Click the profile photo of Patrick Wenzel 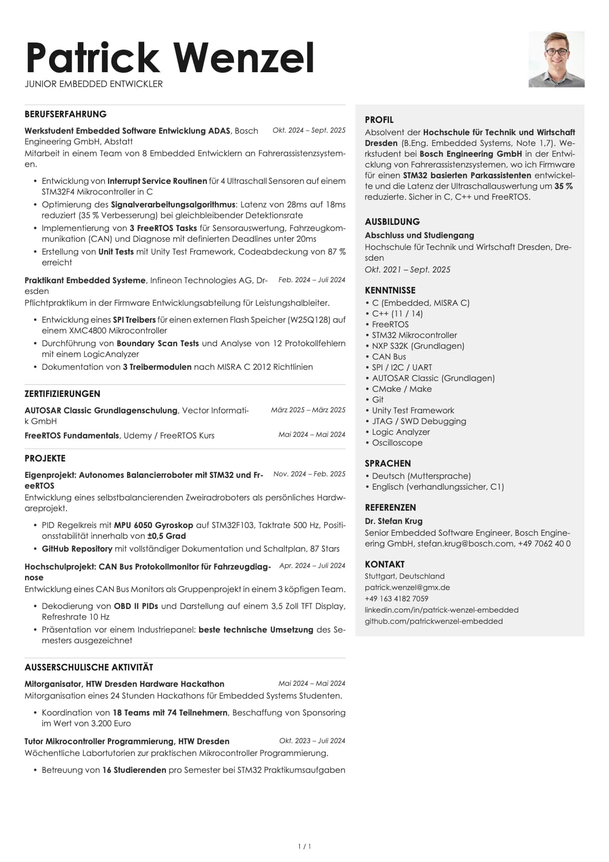coord(556,59)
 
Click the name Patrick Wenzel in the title coord(170,57)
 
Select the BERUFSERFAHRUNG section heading coord(66,114)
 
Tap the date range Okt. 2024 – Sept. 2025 coord(309,131)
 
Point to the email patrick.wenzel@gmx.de coord(407,587)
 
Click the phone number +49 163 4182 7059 coord(396,599)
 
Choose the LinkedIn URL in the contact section coord(441,610)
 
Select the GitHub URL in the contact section coord(433,621)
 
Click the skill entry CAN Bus coord(388,356)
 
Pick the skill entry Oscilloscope coord(397,443)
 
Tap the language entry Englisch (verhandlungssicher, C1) coord(438,487)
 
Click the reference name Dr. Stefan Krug coord(394,521)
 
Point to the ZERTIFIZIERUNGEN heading coord(62,394)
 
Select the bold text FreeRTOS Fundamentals coord(72,435)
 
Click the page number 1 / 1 coord(304,847)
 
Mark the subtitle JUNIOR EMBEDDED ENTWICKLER coord(94,84)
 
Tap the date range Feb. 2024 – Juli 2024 coord(312,280)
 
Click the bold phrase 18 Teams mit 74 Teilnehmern coord(170,712)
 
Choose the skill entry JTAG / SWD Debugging coord(419,421)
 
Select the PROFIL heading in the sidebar coord(379,120)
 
